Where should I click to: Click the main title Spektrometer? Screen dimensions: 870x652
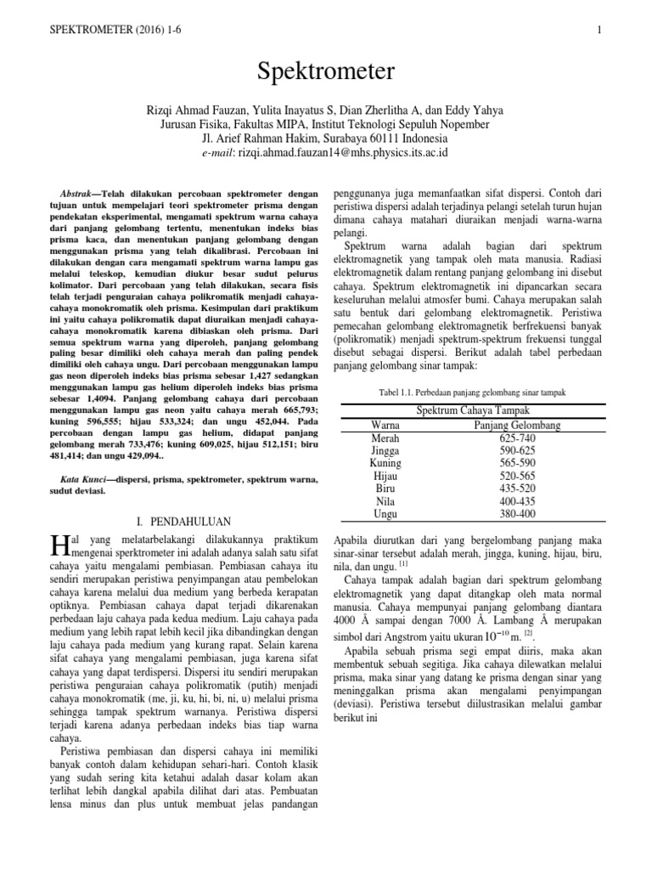325,73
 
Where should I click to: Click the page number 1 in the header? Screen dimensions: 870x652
599,31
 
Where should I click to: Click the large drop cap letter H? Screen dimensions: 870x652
59,544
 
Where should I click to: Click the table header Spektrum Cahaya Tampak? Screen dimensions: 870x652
469,410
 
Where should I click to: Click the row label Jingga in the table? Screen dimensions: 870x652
386,450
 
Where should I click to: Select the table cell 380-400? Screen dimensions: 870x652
516,515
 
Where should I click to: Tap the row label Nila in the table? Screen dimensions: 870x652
386,502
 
